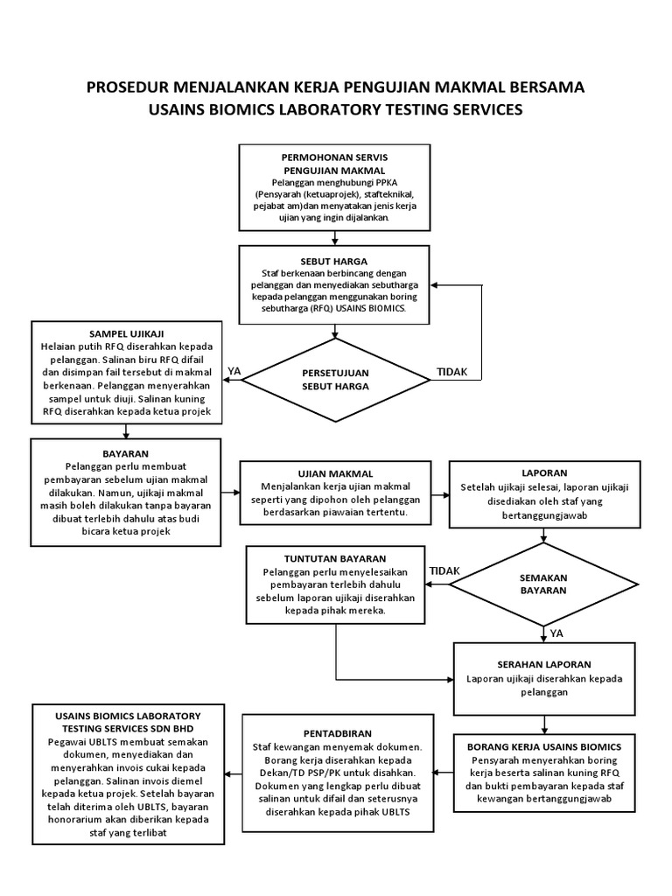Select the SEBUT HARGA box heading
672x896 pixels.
pyautogui.click(x=334, y=261)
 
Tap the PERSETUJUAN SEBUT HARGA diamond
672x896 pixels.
pyautogui.click(x=335, y=379)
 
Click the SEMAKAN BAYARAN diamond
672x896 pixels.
pyautogui.click(x=543, y=584)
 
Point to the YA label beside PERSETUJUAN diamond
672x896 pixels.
pyautogui.click(x=234, y=372)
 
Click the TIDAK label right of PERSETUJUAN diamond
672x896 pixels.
pyautogui.click(x=452, y=373)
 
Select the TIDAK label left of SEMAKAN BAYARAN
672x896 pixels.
pyautogui.click(x=444, y=570)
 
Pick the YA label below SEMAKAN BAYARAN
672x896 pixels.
pyautogui.click(x=556, y=633)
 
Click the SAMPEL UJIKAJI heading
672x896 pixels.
pyautogui.click(x=127, y=334)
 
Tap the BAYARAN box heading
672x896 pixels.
pyautogui.click(x=126, y=454)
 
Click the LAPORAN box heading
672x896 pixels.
pyautogui.click(x=544, y=472)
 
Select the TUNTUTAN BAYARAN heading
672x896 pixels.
pyautogui.click(x=336, y=558)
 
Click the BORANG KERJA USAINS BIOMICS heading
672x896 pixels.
pyautogui.click(x=544, y=746)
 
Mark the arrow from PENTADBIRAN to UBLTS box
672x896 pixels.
pyautogui.click(x=232, y=773)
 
